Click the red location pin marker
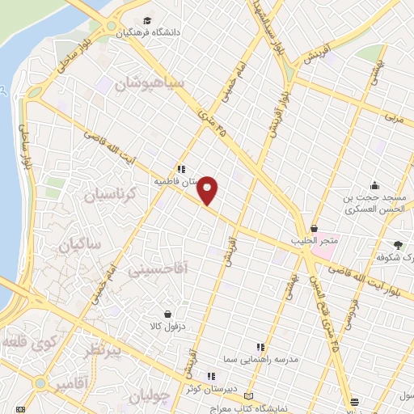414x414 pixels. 208,189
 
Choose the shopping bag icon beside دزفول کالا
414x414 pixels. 167,314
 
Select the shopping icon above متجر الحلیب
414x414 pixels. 314,229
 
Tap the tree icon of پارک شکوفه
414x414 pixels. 398,244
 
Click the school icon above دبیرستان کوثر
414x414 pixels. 211,375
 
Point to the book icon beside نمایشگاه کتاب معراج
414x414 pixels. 247,396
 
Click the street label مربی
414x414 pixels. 394,118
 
